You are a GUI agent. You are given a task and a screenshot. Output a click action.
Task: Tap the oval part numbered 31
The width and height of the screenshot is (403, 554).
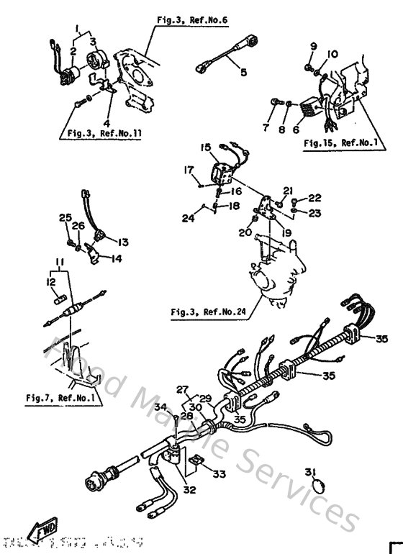320,496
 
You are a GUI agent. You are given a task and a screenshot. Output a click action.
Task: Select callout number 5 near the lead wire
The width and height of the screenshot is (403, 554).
243,72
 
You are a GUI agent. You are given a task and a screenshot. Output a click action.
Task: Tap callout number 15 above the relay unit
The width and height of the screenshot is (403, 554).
205,147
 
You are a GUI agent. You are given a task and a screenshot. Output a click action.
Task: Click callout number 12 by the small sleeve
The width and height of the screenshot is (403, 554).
51,281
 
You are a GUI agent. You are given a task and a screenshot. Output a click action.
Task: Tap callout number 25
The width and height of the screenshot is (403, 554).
64,217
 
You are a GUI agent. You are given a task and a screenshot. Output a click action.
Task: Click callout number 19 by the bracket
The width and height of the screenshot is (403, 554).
286,233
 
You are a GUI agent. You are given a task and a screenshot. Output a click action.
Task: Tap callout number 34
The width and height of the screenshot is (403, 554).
160,408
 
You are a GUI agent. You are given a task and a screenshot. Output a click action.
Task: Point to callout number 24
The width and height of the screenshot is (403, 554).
187,219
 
